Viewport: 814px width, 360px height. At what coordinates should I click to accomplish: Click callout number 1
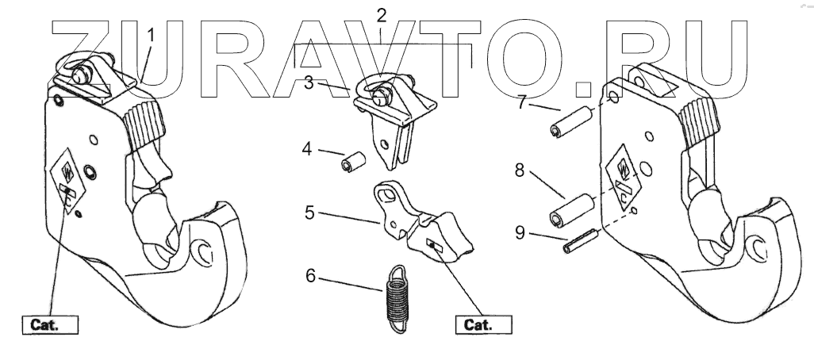152,36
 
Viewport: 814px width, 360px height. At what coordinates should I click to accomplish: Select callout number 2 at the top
382,14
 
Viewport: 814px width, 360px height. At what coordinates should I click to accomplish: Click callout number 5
311,213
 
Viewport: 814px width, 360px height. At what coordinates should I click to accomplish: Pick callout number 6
311,277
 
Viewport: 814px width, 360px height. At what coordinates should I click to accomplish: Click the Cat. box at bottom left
49,324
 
